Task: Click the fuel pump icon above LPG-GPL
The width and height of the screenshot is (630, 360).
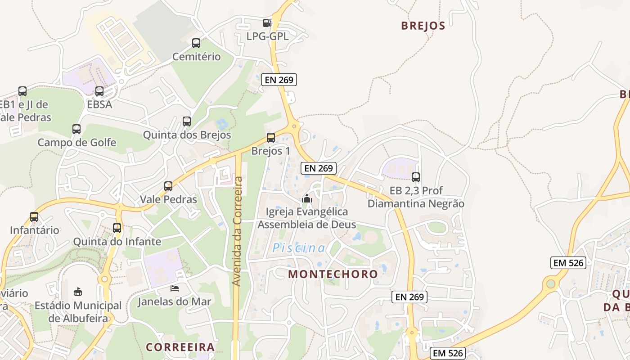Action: coord(267,22)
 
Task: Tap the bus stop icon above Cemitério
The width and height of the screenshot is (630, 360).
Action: coord(196,43)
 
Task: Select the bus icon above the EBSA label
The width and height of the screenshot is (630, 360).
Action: coord(99,91)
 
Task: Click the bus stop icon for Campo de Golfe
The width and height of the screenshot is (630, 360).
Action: coord(76,129)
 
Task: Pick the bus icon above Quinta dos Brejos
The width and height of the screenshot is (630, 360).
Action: coord(187,121)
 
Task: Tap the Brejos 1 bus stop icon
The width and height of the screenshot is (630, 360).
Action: coord(271,138)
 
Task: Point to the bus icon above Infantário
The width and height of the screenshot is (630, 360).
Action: coord(34,217)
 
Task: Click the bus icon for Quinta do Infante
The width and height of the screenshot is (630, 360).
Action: coord(117,228)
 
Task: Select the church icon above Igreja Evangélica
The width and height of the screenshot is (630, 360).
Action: coord(307,198)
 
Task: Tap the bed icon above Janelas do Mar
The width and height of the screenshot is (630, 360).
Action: coord(175,288)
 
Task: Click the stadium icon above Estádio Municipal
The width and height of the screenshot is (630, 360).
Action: coord(78,292)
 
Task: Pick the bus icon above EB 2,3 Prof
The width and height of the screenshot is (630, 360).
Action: coord(416,177)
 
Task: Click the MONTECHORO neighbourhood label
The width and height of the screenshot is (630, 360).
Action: coord(333,274)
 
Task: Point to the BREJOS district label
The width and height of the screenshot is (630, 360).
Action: coord(423,26)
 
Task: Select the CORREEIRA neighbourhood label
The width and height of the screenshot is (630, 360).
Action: coord(180,347)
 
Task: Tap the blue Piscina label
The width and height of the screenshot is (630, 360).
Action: coord(299,248)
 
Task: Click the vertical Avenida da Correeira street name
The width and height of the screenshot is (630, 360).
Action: coord(237,231)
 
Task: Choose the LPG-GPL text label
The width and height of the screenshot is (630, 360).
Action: coord(267,36)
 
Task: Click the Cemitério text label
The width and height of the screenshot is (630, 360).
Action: coord(197,57)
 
